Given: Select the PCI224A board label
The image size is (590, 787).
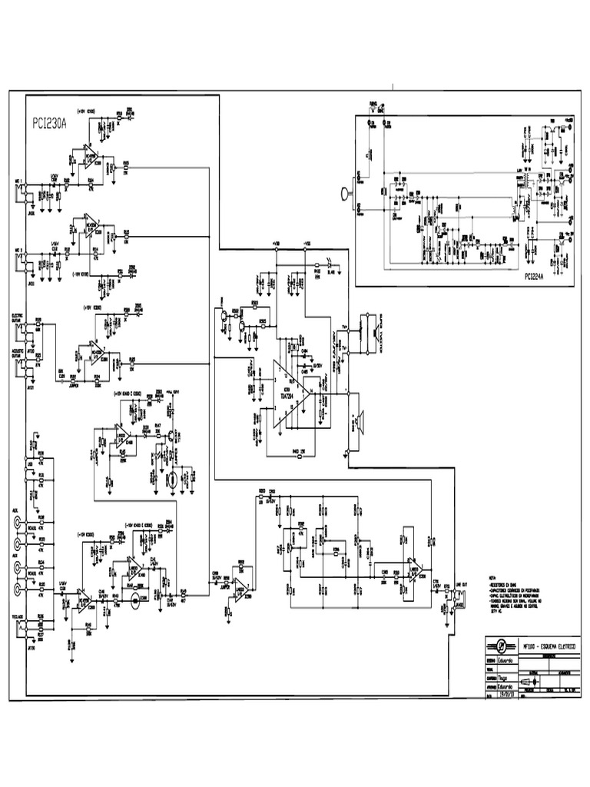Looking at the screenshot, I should point(541,276).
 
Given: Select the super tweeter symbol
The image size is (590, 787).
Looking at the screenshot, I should point(371,330).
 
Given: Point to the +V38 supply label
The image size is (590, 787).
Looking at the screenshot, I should point(274,244).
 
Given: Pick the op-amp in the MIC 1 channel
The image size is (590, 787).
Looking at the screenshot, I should point(92,158).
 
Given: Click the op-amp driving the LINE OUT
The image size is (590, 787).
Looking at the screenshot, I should point(414,569).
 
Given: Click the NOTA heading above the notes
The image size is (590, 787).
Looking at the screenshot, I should point(493,577).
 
